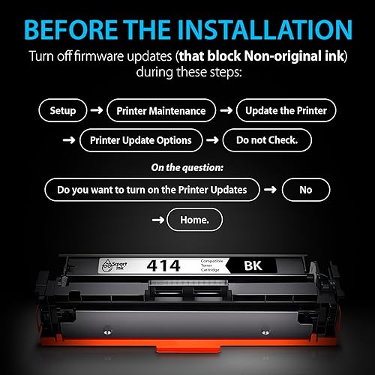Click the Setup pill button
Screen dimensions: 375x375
tap(63, 110)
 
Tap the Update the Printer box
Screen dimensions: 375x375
tap(286, 110)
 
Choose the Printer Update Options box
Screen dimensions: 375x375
tap(141, 139)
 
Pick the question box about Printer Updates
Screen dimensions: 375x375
tap(151, 189)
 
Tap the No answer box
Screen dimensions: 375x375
tap(305, 189)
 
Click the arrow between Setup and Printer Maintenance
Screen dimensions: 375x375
tap(97, 110)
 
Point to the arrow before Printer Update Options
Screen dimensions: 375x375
tap(68, 139)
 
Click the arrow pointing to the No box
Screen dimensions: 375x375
tap(270, 189)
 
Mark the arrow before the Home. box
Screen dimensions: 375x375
tap(157, 220)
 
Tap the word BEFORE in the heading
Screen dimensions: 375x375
tap(72, 30)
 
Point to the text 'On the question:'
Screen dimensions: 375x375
tap(187, 168)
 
